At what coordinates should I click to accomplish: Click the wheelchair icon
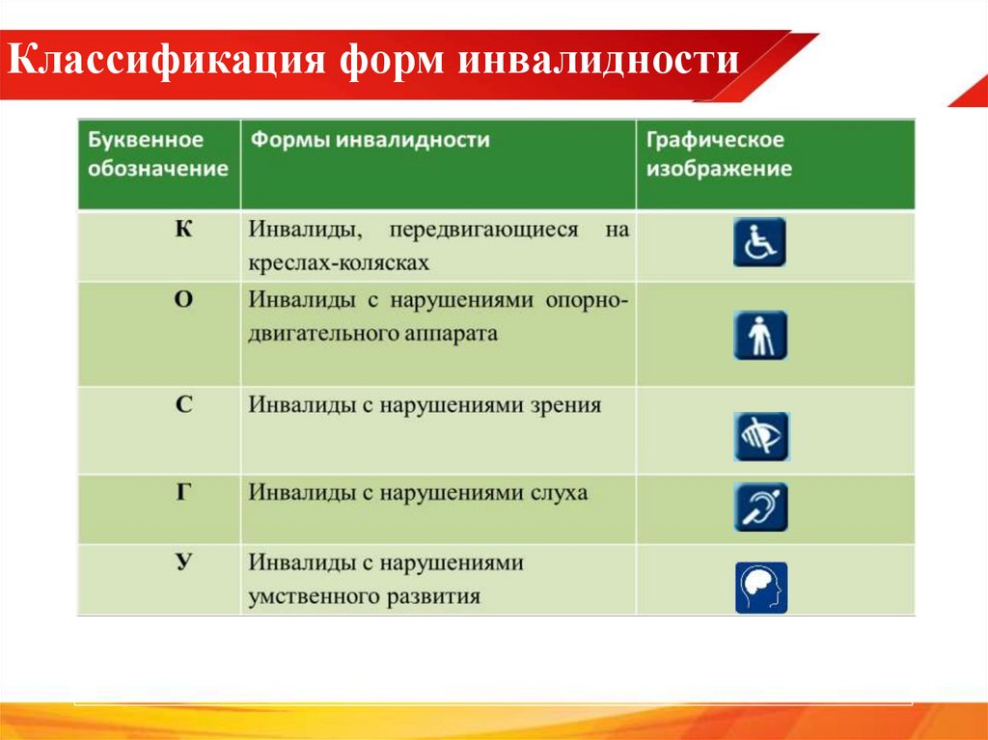pos(759,242)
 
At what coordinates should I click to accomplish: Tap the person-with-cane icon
pos(759,335)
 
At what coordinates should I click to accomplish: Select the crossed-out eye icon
pos(759,436)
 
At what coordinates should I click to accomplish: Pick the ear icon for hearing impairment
pos(759,507)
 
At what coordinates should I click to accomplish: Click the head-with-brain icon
pos(760,588)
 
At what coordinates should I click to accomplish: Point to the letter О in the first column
pos(183,299)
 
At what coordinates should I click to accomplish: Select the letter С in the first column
pos(184,406)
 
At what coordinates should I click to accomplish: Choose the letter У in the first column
pos(183,562)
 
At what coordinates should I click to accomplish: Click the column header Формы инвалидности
pos(370,140)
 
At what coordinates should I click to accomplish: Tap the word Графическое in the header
pos(715,140)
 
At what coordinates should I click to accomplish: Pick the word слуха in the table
pos(558,493)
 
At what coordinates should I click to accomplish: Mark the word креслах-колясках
pos(339,261)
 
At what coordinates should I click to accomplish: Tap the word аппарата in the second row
pos(453,334)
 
